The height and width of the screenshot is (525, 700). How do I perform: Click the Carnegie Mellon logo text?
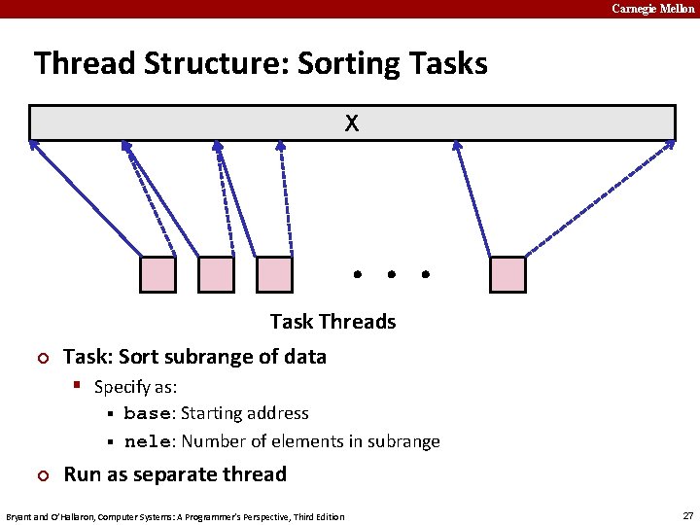652,9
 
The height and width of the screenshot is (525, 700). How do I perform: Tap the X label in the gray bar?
351,123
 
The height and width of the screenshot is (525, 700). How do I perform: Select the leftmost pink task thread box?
158,274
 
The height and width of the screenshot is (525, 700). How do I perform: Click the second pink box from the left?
216,274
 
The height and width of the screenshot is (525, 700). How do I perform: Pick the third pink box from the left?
274,274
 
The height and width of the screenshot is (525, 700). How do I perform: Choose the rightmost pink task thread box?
507,274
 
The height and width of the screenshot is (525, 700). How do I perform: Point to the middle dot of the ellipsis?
391,275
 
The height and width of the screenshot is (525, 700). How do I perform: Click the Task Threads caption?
332,322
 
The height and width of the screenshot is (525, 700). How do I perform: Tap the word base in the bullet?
147,414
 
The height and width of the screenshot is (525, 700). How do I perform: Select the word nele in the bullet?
147,442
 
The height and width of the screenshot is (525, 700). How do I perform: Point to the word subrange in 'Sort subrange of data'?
206,357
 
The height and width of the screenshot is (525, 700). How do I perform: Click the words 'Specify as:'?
135,387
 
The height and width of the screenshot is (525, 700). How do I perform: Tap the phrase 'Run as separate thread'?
175,474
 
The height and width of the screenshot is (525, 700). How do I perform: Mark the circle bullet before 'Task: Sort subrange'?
41,359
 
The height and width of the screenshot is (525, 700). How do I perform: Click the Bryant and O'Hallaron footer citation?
175,516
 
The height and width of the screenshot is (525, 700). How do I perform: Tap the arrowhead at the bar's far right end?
670,144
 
